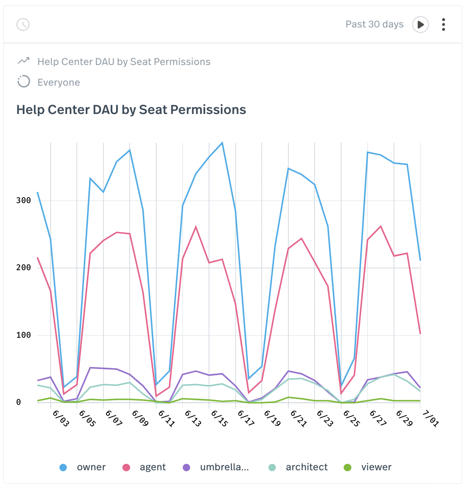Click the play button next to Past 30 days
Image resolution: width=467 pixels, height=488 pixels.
point(421,24)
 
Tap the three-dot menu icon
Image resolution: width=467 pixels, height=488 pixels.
point(443,24)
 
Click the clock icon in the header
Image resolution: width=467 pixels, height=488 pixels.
point(23,24)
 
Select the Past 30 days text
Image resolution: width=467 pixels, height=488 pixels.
point(374,24)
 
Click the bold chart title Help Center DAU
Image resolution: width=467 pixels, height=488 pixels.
point(131,110)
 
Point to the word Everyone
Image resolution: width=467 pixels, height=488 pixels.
point(59,82)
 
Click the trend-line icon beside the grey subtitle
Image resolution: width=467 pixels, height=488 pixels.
point(24,61)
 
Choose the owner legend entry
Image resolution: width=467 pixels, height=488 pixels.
point(83,467)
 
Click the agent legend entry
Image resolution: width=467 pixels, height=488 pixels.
point(144,467)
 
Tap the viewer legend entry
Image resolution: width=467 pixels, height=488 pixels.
point(368,467)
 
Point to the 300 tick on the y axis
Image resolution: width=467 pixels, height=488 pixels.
point(24,201)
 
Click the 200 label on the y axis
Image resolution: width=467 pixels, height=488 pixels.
point(24,268)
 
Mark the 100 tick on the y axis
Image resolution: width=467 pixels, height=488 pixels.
point(24,335)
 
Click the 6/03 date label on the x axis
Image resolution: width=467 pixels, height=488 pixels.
point(60,418)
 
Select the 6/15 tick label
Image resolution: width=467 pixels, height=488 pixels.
point(218,418)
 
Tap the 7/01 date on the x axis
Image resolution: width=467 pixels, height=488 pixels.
point(430,418)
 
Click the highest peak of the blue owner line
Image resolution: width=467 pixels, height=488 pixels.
point(222,143)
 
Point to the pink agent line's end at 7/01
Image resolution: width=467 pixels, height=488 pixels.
point(420,333)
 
